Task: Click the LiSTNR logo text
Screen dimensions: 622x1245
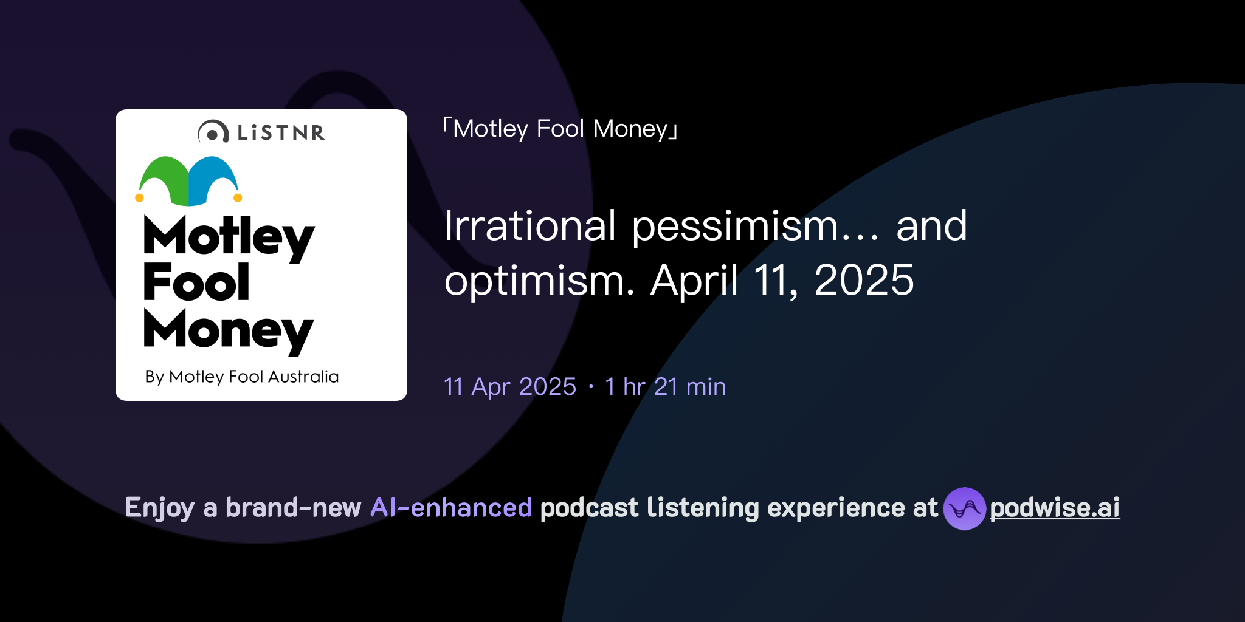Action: click(281, 132)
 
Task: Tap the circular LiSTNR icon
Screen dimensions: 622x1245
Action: click(213, 132)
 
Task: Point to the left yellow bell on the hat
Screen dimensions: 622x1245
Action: click(139, 197)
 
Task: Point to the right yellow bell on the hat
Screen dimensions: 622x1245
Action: click(238, 197)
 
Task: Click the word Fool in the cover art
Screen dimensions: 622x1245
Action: click(196, 282)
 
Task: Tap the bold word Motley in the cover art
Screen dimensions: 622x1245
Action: click(229, 237)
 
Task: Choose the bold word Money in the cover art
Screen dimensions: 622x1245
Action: click(228, 331)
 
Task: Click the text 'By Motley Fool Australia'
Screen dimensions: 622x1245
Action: click(241, 377)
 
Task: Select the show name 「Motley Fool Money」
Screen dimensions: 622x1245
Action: click(560, 129)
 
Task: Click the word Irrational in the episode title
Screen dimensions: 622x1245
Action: click(530, 226)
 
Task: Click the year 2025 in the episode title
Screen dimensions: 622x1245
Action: click(864, 280)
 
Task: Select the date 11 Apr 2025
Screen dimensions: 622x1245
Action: click(510, 387)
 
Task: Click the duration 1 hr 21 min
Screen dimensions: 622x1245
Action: click(665, 387)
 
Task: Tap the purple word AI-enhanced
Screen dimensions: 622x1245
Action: click(451, 508)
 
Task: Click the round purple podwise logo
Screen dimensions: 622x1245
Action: click(964, 508)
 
